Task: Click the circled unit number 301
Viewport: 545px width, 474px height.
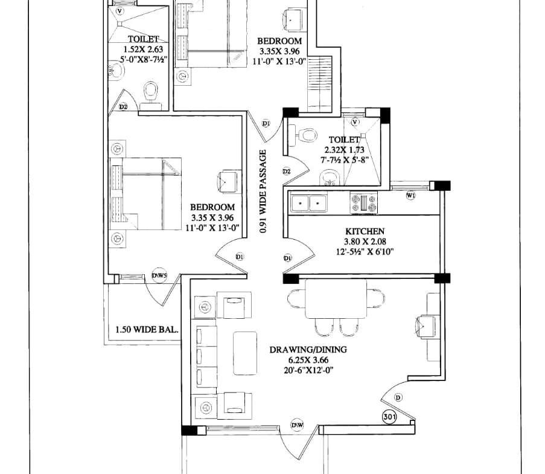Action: [389, 417]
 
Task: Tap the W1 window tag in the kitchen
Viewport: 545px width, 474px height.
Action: [411, 196]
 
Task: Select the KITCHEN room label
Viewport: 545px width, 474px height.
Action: [365, 231]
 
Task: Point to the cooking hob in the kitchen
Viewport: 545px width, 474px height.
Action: [363, 203]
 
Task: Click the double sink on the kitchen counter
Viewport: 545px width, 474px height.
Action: [308, 203]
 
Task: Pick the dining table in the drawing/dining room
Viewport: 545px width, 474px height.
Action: [336, 299]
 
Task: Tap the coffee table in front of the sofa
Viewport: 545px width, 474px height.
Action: [245, 353]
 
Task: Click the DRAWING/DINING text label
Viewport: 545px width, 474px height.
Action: [308, 350]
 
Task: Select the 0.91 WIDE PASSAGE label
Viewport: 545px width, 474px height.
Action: [264, 191]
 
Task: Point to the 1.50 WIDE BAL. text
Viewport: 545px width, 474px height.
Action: [147, 329]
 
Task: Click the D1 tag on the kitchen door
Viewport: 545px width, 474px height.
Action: [287, 258]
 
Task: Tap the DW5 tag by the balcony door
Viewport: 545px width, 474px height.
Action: [159, 276]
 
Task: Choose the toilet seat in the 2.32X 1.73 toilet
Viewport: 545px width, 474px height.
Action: [306, 135]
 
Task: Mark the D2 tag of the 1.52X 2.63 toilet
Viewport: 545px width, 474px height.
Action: [123, 106]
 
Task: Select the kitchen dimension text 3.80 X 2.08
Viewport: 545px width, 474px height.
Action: [365, 242]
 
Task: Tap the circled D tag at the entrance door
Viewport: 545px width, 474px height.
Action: [398, 397]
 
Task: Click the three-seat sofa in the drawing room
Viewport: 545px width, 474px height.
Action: [206, 356]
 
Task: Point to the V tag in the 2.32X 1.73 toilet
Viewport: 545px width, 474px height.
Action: [355, 122]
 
